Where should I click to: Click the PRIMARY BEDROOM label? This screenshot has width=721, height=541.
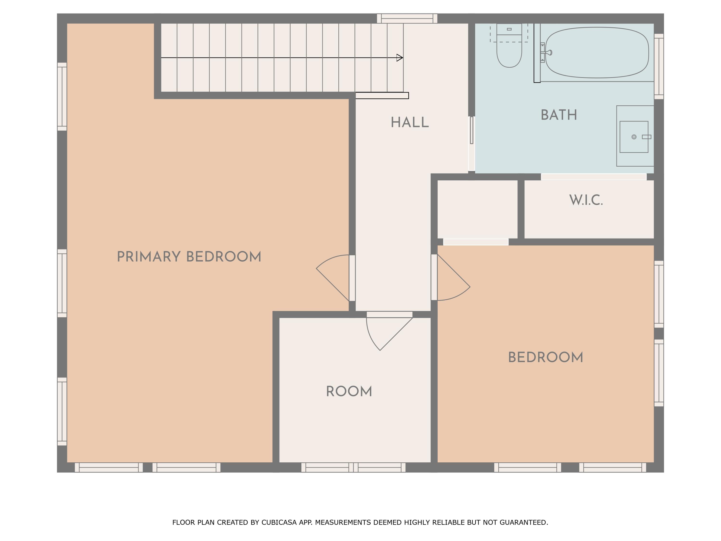189,257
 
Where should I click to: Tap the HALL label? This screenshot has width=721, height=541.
410,123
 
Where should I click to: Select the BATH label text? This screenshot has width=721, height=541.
559,115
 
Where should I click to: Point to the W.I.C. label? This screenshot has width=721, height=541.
586,200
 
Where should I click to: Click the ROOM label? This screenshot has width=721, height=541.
349,391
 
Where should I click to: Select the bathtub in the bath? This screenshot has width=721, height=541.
597,52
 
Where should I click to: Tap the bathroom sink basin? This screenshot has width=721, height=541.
634,137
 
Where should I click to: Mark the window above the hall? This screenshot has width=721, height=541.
407,18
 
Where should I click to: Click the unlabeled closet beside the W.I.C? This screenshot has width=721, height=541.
477,209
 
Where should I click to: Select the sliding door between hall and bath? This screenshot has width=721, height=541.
471,130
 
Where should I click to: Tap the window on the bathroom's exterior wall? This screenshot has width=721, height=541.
659,66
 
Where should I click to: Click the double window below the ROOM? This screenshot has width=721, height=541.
353,467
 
